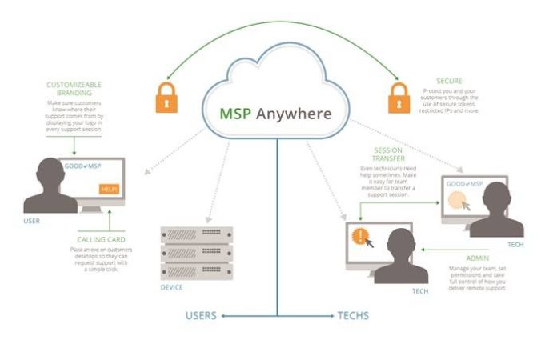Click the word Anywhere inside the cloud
294,114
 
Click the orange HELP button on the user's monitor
109,189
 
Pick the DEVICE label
172,287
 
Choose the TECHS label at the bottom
353,315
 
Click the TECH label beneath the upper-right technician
515,245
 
